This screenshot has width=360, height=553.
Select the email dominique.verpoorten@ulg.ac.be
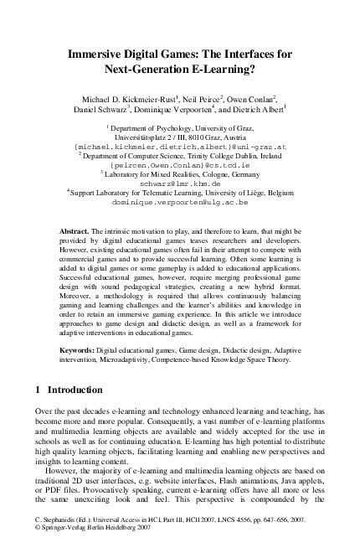tap(181, 202)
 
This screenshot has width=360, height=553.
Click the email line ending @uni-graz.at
tap(181, 145)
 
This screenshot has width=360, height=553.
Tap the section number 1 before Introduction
tap(39, 390)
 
